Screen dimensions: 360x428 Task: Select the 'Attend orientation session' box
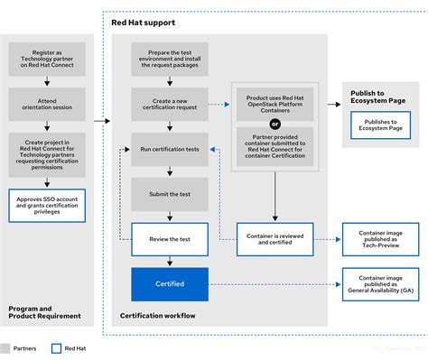(x=47, y=104)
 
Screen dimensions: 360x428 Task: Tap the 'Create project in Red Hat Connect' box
(x=47, y=154)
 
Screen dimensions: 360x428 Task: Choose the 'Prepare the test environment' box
(x=170, y=60)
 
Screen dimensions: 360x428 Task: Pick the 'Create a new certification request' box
(x=170, y=104)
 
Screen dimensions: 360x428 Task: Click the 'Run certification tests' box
(x=170, y=148)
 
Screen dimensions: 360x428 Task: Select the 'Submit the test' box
(x=170, y=193)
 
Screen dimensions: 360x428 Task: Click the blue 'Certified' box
(x=170, y=283)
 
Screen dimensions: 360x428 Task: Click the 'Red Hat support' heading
(x=143, y=21)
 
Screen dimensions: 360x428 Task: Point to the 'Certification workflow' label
(x=159, y=316)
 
